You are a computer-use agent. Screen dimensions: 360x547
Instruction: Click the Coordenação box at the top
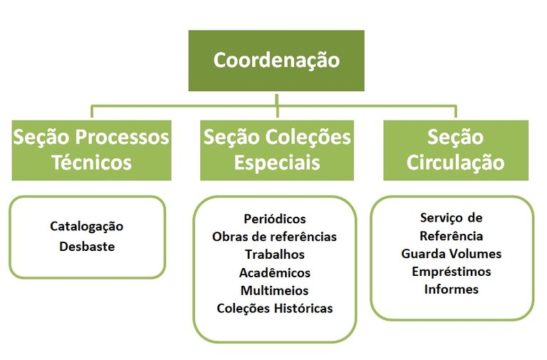[276, 61]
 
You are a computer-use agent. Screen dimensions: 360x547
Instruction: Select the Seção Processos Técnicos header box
[91, 150]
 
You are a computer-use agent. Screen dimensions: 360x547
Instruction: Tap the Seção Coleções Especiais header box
[277, 150]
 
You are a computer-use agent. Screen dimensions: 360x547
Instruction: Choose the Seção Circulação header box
[456, 150]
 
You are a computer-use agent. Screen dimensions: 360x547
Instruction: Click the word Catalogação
[87, 227]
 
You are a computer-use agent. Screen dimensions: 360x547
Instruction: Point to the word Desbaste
[87, 247]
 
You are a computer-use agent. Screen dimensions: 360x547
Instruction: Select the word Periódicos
[274, 218]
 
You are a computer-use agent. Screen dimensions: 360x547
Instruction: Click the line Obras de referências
[274, 236]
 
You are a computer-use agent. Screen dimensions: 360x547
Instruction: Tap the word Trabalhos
[274, 254]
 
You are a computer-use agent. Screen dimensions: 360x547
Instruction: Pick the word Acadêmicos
[274, 272]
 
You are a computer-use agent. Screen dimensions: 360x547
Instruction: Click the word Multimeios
[274, 290]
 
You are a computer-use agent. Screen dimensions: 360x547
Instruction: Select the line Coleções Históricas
[274, 309]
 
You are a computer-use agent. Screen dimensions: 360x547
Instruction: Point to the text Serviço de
[452, 217]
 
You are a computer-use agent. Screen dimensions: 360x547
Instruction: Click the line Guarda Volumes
[452, 254]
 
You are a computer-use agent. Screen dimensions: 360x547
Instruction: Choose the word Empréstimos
[452, 272]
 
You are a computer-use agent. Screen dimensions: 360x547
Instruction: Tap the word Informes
[452, 289]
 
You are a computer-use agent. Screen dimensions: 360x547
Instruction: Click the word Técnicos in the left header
[91, 163]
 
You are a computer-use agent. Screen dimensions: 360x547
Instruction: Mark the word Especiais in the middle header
[277, 163]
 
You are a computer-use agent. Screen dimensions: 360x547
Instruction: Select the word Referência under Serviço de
[452, 236]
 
